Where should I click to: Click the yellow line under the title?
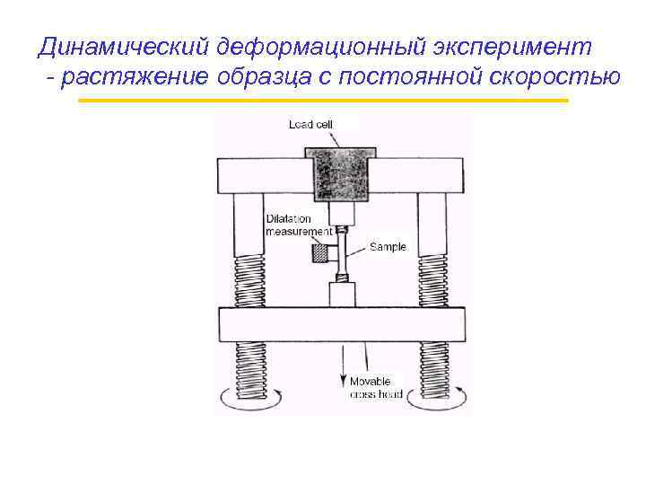(323, 101)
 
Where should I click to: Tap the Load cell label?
(312, 125)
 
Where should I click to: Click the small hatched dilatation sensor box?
(319, 254)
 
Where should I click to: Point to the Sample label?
(388, 246)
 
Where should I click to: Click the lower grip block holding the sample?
(341, 295)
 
